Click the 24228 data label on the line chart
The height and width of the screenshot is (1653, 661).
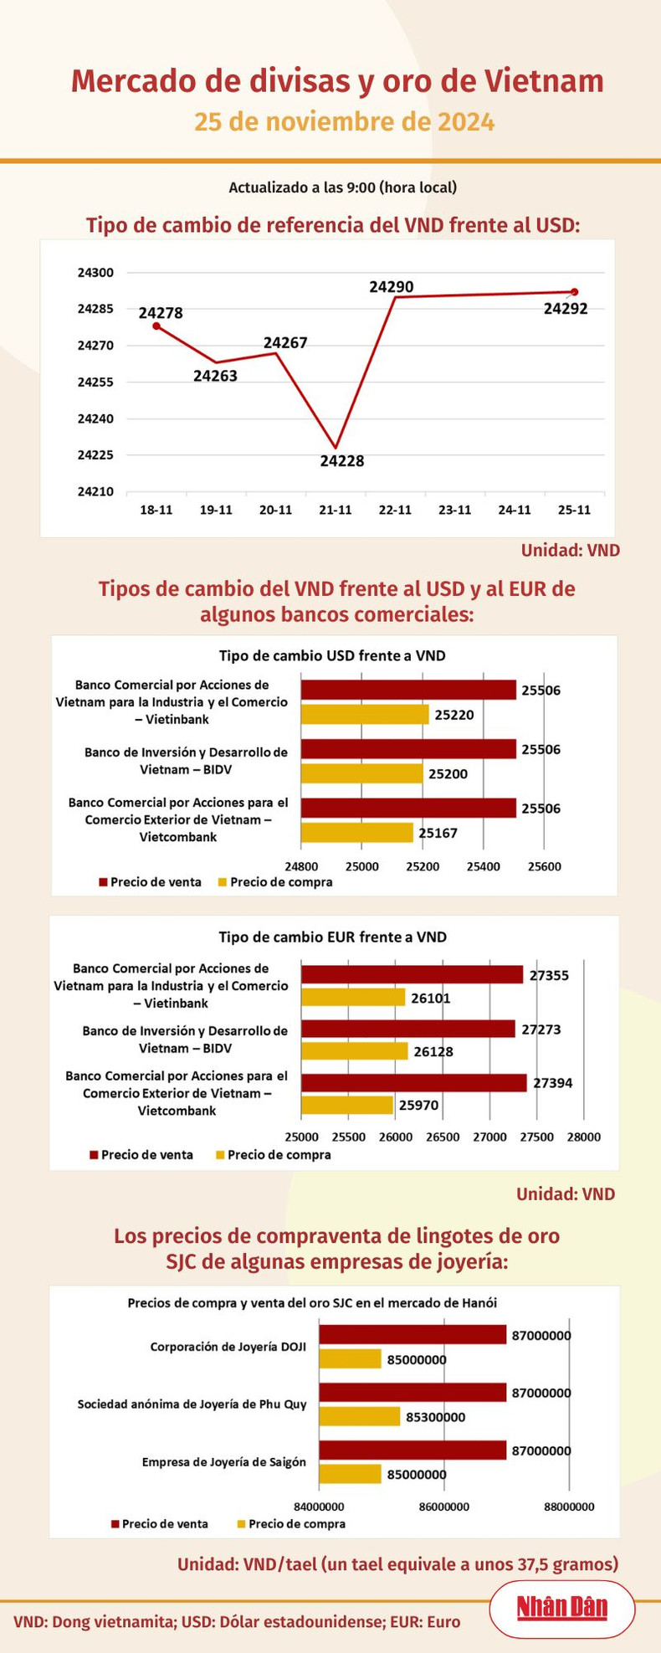341,461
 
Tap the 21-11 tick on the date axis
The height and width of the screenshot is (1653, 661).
335,510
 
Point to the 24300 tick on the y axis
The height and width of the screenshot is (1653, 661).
95,273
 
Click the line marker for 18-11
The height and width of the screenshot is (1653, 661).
156,326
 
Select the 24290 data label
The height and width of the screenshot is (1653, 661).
392,287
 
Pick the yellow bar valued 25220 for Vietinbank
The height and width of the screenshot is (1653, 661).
365,715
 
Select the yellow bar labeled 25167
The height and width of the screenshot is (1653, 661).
357,833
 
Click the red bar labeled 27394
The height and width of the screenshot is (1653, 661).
413,1083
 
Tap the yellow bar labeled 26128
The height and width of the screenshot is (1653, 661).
354,1051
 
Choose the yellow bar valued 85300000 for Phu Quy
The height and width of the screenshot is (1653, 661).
359,1417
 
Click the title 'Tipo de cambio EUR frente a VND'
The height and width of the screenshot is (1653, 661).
332,937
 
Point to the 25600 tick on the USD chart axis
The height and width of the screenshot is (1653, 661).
544,867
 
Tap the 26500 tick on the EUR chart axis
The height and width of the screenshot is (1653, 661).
443,1137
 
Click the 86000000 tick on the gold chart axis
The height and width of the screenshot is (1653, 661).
443,1507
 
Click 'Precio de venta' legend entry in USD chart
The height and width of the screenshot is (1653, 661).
150,882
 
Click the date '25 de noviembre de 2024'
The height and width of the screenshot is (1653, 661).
345,122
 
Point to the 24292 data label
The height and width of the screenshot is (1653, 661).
566,309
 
